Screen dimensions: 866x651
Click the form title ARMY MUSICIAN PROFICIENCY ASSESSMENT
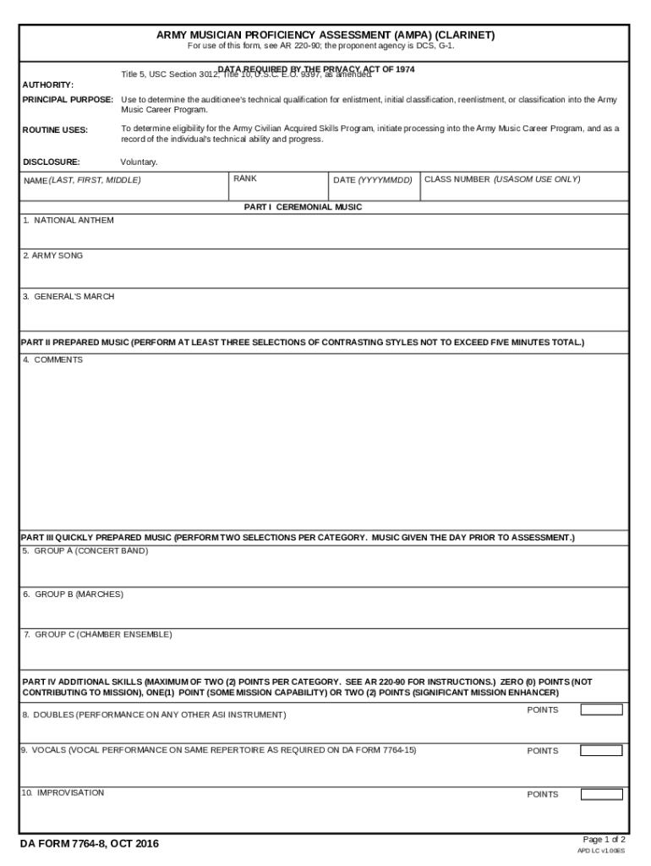(x=325, y=35)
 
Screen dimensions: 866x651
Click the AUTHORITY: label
(x=48, y=85)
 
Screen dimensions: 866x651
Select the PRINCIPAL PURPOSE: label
(x=68, y=100)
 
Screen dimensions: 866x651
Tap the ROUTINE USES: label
(x=55, y=130)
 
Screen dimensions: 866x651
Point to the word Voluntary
(x=139, y=162)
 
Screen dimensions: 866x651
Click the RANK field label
(x=245, y=179)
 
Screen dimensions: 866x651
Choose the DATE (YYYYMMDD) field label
(x=373, y=181)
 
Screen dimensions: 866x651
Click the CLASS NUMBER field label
(x=502, y=179)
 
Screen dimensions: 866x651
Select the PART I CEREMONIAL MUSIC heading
(x=304, y=207)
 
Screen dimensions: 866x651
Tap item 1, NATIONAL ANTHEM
(x=68, y=221)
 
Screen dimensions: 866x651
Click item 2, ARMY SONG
(x=53, y=255)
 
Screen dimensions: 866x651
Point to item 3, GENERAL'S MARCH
(x=68, y=297)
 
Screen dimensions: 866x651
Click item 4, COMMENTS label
(x=53, y=360)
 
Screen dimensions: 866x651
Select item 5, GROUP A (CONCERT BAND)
(x=85, y=551)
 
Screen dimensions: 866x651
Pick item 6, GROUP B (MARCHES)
(x=73, y=595)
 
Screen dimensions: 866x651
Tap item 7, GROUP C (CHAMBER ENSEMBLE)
(x=97, y=634)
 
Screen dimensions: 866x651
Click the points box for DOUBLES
(x=601, y=710)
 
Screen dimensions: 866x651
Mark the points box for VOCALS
(x=601, y=750)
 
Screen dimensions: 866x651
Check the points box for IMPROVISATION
(x=601, y=794)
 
